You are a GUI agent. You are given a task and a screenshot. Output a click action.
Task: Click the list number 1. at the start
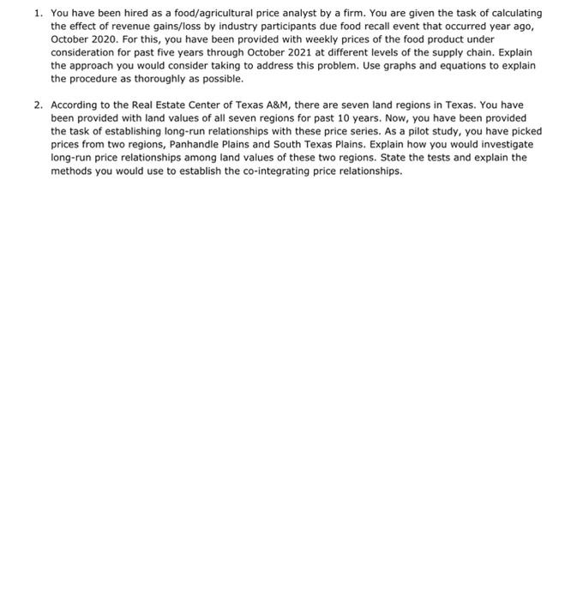tap(39, 14)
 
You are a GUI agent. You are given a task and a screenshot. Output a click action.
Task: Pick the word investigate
tap(505, 144)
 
